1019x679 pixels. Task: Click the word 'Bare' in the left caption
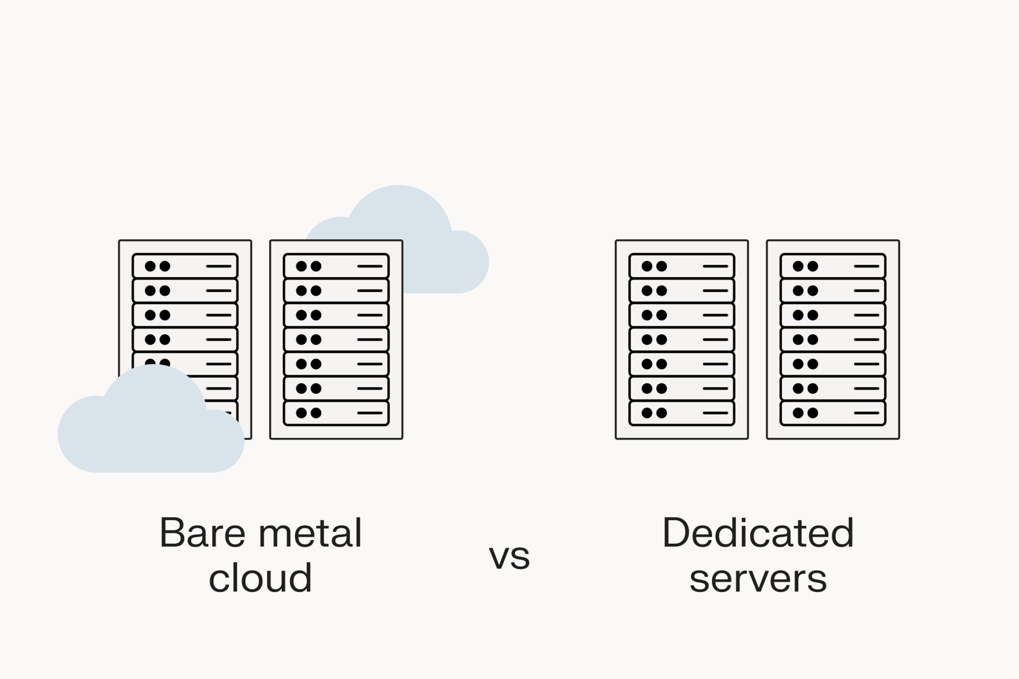coord(203,533)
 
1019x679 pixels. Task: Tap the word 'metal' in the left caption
coord(311,533)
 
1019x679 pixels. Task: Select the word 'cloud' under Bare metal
coord(260,578)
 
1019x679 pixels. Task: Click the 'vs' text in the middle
coord(509,556)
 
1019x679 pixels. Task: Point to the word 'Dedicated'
coord(758,533)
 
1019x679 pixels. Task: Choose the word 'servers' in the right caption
coord(758,578)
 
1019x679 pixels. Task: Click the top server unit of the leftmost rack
coord(185,266)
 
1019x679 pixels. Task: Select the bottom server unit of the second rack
coord(336,413)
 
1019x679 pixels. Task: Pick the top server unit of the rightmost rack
coord(833,266)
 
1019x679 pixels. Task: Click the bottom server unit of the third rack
coord(682,413)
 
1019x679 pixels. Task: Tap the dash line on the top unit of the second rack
coord(370,266)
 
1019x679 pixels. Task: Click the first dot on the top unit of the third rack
coord(647,266)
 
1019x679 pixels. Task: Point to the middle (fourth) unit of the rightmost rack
coord(833,340)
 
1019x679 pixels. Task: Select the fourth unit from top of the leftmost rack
coord(185,340)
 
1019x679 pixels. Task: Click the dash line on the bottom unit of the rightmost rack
coord(866,413)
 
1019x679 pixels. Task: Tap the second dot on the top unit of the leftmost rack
coord(165,266)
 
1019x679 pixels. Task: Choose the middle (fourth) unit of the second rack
coord(336,340)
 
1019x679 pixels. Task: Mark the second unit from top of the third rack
coord(682,291)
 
